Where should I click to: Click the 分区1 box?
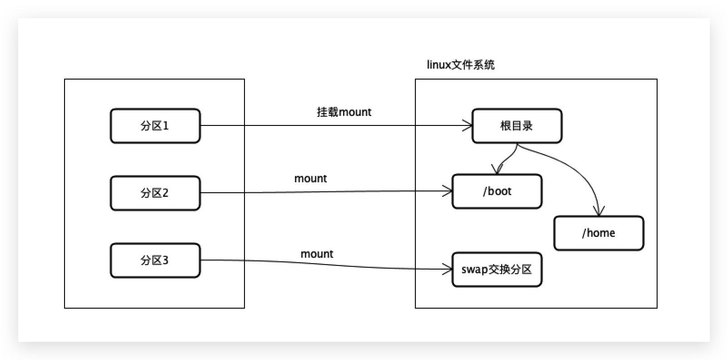(x=155, y=126)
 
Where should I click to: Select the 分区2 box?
(x=155, y=193)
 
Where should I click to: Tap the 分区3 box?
(x=155, y=260)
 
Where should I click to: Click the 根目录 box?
(x=517, y=126)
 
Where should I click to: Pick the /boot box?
(x=497, y=191)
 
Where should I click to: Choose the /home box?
(x=598, y=233)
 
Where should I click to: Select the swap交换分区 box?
(x=497, y=270)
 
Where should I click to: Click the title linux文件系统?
(x=460, y=65)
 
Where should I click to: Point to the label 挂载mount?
(x=344, y=112)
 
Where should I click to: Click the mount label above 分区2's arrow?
(x=310, y=179)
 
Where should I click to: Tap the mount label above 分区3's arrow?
(x=317, y=254)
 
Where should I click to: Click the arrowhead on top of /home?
(x=599, y=210)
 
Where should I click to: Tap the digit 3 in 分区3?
(x=165, y=260)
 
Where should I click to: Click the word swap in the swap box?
(x=474, y=270)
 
